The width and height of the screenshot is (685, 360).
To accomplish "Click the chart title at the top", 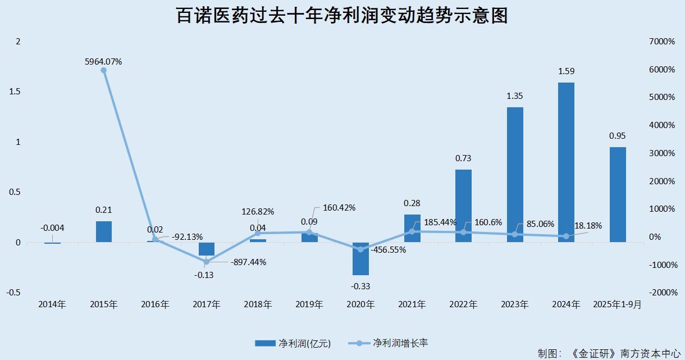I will pyautogui.click(x=342, y=15).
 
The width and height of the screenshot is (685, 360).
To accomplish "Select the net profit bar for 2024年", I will pyautogui.click(x=566, y=162).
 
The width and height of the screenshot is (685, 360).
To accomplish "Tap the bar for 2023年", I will pyautogui.click(x=515, y=175).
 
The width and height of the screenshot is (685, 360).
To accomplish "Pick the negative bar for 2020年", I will pyautogui.click(x=360, y=258).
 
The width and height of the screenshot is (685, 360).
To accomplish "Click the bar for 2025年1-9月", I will pyautogui.click(x=618, y=194).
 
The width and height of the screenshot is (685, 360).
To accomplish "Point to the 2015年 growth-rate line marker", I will pyautogui.click(x=103, y=70).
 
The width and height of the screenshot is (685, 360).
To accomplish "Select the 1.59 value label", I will pyautogui.click(x=566, y=71).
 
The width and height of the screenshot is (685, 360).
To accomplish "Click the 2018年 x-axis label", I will pyautogui.click(x=258, y=305).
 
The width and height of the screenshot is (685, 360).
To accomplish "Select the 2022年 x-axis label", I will pyautogui.click(x=463, y=305).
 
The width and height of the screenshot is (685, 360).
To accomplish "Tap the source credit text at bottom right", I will pyautogui.click(x=608, y=354).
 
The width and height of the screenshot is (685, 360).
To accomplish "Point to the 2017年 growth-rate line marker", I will pyautogui.click(x=206, y=262).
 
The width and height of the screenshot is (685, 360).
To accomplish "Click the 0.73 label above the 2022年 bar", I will pyautogui.click(x=463, y=158).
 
